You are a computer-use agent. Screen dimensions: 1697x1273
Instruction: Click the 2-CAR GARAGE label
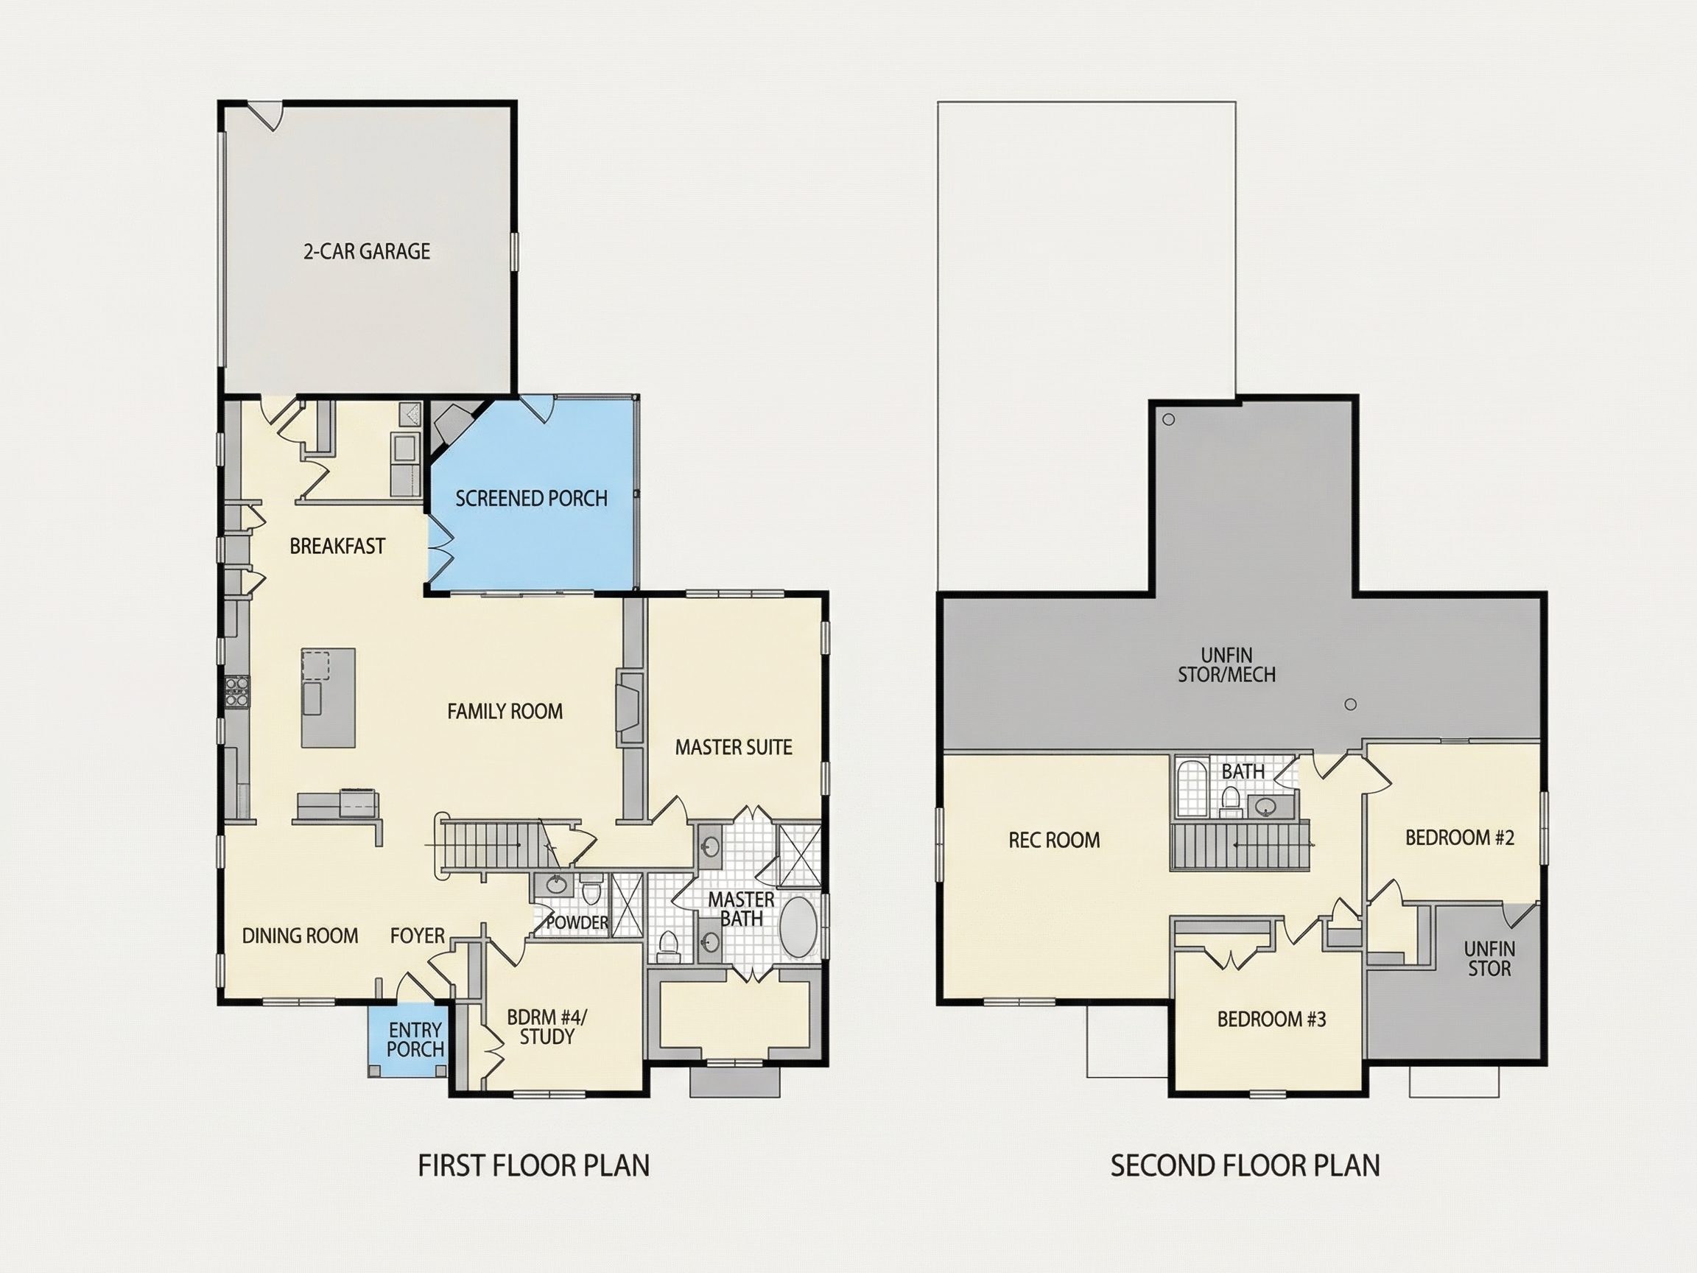367,251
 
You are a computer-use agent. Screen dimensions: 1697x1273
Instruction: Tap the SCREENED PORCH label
532,499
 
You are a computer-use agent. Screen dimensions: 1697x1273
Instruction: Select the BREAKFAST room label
337,547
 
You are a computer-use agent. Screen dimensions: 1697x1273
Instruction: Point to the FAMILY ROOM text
505,712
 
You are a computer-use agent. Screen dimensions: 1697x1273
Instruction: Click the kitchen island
328,698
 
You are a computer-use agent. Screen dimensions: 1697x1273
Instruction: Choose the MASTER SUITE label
734,748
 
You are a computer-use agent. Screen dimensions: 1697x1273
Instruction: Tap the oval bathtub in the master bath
799,927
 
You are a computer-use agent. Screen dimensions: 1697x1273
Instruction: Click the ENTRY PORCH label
415,1039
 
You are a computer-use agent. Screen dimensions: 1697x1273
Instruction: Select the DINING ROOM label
300,936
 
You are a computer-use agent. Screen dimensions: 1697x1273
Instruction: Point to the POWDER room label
577,922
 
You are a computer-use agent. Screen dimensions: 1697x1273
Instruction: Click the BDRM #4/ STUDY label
547,1027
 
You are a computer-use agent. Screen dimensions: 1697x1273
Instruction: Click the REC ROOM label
1054,841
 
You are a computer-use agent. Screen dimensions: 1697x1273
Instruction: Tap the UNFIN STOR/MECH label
1227,665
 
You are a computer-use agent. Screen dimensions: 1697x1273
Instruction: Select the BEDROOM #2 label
1460,838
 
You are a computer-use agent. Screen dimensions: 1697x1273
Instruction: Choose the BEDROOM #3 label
1271,1019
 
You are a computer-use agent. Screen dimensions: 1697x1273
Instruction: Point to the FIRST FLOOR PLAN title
534,1165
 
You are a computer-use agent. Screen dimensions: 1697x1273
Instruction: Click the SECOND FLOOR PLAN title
1245,1165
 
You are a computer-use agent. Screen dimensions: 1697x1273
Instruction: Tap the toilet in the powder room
591,891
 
